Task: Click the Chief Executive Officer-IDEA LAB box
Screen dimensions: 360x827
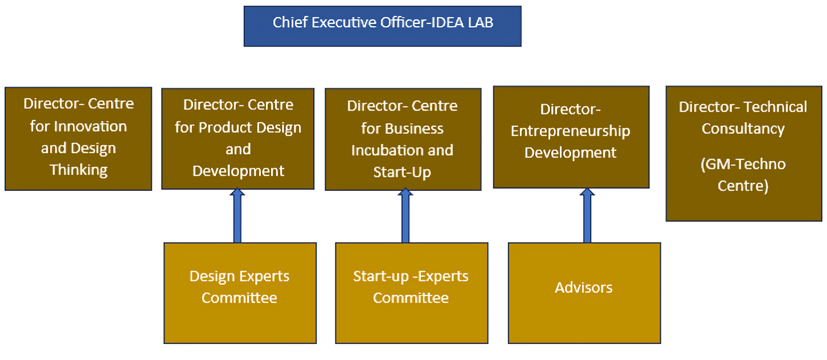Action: tap(382, 26)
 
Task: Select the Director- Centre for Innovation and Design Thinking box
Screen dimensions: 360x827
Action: tap(79, 138)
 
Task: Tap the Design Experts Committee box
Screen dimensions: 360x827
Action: tap(240, 293)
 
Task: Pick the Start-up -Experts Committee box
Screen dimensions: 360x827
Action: tap(411, 293)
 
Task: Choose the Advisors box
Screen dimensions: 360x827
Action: tap(584, 293)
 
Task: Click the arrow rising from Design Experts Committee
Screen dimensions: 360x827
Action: tap(238, 216)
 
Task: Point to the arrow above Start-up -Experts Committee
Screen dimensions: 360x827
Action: tap(405, 216)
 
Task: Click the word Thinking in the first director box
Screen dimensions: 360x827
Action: tap(79, 170)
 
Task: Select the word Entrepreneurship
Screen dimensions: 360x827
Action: tap(570, 131)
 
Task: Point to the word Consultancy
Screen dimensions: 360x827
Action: tap(743, 129)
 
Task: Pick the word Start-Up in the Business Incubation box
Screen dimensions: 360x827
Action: tap(402, 172)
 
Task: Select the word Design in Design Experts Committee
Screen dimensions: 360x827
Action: tap(212, 277)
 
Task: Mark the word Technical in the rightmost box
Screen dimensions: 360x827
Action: tap(775, 107)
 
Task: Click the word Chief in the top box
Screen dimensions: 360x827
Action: tap(288, 23)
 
